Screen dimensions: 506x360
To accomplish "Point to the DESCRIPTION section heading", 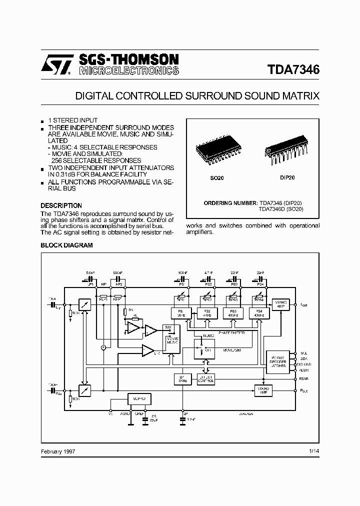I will coord(61,205).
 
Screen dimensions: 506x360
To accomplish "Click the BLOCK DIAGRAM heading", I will coord(66,245).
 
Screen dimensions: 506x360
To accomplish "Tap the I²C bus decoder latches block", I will coord(278,362).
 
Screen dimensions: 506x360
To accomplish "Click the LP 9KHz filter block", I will coord(180,379).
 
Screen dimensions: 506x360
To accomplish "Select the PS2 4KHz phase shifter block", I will coord(205,313).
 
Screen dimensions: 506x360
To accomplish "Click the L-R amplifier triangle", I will coord(147,350).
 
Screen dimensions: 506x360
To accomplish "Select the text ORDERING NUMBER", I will coord(230,203).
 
